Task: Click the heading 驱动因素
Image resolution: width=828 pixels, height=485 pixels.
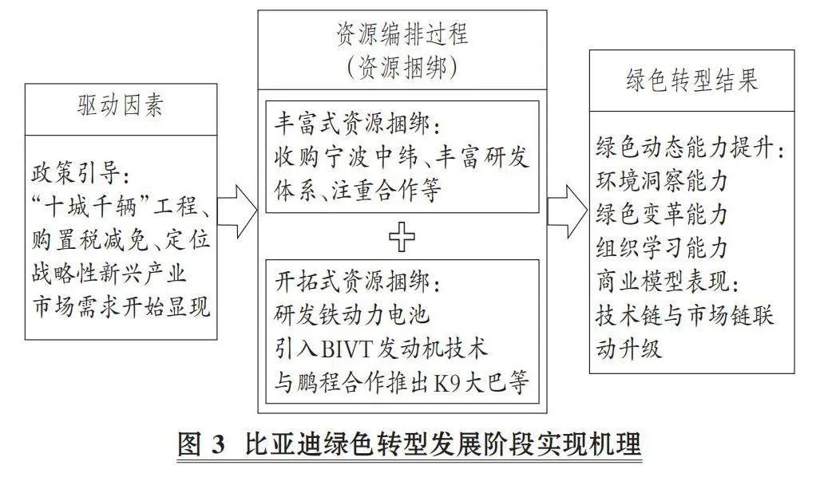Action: pos(121,105)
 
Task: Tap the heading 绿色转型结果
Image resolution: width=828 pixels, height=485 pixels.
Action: pos(691,81)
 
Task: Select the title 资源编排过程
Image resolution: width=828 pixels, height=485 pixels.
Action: pos(402,34)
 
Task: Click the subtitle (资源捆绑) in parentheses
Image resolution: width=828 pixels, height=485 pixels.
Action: pos(402,68)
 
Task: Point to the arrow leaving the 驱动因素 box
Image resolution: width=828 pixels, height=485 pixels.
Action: pos(237,211)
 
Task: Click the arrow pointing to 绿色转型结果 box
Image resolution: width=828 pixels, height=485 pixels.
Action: pos(568,211)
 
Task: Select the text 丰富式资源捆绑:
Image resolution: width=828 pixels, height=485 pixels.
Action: pos(357,124)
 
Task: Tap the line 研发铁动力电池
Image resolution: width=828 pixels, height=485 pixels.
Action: pos(351,315)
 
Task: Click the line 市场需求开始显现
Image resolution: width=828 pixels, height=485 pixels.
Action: pos(121,306)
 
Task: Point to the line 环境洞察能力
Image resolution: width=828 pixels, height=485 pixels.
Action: pos(662,180)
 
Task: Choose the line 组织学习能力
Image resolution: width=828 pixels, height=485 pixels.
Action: pos(662,247)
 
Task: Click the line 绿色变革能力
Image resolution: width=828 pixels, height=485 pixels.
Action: pos(662,215)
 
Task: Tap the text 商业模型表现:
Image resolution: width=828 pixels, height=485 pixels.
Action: pos(668,282)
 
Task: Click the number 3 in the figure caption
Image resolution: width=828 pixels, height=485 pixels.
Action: pos(217,444)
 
